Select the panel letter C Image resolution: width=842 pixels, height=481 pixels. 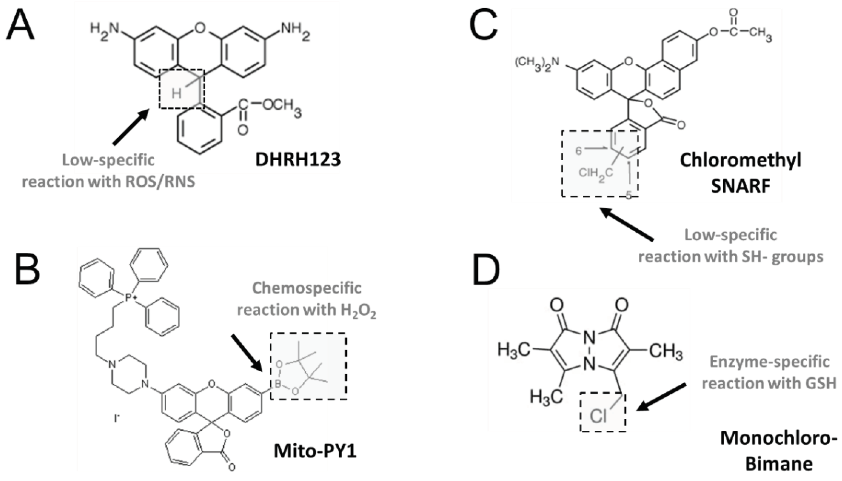coord(484,24)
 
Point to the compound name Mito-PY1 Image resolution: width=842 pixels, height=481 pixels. coord(315,451)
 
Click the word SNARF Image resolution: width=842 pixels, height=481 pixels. coord(740,185)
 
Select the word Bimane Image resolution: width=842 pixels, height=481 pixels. coord(779,464)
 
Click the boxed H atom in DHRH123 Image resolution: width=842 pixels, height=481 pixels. coord(177,94)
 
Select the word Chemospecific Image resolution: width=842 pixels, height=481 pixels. coord(306,288)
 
